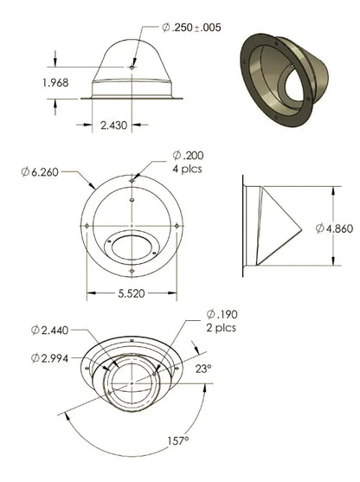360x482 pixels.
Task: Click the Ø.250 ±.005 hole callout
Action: [191, 28]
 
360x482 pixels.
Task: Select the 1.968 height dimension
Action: [55, 83]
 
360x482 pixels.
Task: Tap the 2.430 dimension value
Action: [113, 125]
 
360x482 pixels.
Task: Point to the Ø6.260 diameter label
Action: [40, 172]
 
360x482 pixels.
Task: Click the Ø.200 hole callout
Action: [188, 156]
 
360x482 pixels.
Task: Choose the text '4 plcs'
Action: [187, 169]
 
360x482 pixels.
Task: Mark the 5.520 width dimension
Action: [132, 293]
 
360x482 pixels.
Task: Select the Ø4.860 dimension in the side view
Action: [335, 228]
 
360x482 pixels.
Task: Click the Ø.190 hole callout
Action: [222, 314]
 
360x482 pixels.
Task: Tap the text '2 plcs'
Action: [221, 328]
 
